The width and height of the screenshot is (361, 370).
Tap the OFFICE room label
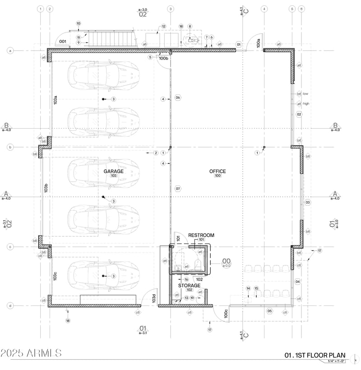pyautogui.click(x=218, y=171)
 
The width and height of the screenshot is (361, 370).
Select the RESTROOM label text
pyautogui.click(x=201, y=235)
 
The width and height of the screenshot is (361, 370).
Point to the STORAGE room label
pyautogui.click(x=189, y=286)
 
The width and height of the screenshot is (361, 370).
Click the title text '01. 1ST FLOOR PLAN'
pyautogui.click(x=315, y=355)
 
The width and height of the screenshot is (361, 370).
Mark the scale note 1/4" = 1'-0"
pyautogui.click(x=333, y=361)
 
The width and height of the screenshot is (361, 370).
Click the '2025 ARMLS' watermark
pyautogui.click(x=31, y=353)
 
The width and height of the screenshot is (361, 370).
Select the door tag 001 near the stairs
pyautogui.click(x=63, y=42)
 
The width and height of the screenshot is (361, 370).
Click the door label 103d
pyautogui.click(x=153, y=299)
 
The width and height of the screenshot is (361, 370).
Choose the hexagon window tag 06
pyautogui.click(x=178, y=97)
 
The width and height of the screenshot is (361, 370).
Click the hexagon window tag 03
pyautogui.click(x=308, y=203)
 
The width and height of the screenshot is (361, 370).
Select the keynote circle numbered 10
pyautogui.click(x=79, y=23)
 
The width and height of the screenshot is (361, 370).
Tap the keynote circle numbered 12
pyautogui.click(x=164, y=26)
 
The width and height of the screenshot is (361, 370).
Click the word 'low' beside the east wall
pyautogui.click(x=305, y=94)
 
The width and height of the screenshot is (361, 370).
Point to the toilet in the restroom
pyautogui.click(x=198, y=264)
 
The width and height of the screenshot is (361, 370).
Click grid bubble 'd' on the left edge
pyautogui.click(x=10, y=305)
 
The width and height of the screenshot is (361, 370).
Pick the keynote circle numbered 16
pyautogui.click(x=186, y=279)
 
